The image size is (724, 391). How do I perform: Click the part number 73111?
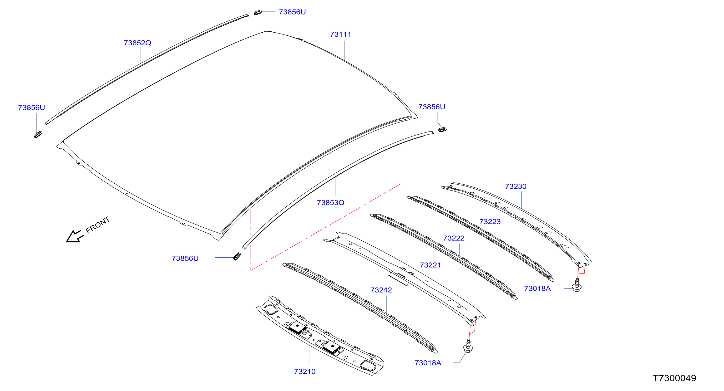pos(340,34)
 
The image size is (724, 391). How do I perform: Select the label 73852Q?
pos(138,43)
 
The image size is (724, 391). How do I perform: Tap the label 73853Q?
pos(331,202)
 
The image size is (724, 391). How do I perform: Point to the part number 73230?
pos(515,186)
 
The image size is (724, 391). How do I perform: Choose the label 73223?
pos(490,222)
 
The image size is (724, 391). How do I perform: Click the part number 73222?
pos(454,238)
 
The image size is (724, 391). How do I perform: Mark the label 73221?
pos(430,265)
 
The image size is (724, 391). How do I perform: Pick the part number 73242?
pos(381,290)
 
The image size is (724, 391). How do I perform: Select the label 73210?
pos(305,372)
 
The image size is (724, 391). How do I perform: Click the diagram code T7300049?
pos(674,378)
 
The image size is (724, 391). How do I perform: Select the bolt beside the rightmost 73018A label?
pos(577,285)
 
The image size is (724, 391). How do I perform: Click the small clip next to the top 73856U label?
pos(258,12)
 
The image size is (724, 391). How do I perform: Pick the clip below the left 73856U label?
pos(38,134)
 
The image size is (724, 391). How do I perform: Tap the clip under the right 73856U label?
pos(442,129)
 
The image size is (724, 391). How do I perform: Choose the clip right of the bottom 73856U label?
pos(237,256)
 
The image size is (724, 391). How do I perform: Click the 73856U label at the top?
pos(292,12)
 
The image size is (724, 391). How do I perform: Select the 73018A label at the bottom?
pos(428,363)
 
